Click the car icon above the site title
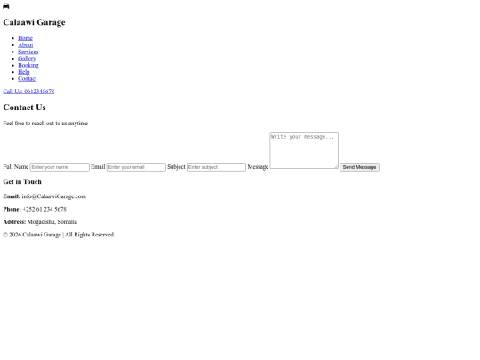(6, 6)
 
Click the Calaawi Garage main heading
(34, 22)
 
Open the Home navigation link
(25, 38)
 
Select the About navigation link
(26, 44)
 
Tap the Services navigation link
(28, 52)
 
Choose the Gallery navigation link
(27, 58)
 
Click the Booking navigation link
(28, 65)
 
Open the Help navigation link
(24, 72)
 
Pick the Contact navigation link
(28, 79)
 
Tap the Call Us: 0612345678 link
(28, 92)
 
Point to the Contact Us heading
(25, 108)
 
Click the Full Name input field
(60, 167)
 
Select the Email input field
(136, 167)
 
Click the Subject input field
(216, 167)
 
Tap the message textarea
(304, 150)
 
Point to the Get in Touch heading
(22, 182)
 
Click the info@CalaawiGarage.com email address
(54, 196)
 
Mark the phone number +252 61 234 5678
(44, 209)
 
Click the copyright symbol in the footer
(5, 235)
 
